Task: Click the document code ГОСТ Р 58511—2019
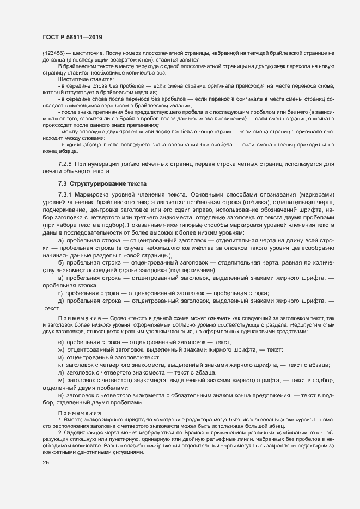(x=72, y=37)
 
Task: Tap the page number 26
(x=46, y=463)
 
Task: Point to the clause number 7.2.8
(x=65, y=164)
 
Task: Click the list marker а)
(x=60, y=240)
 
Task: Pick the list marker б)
(x=60, y=262)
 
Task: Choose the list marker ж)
(x=60, y=349)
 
